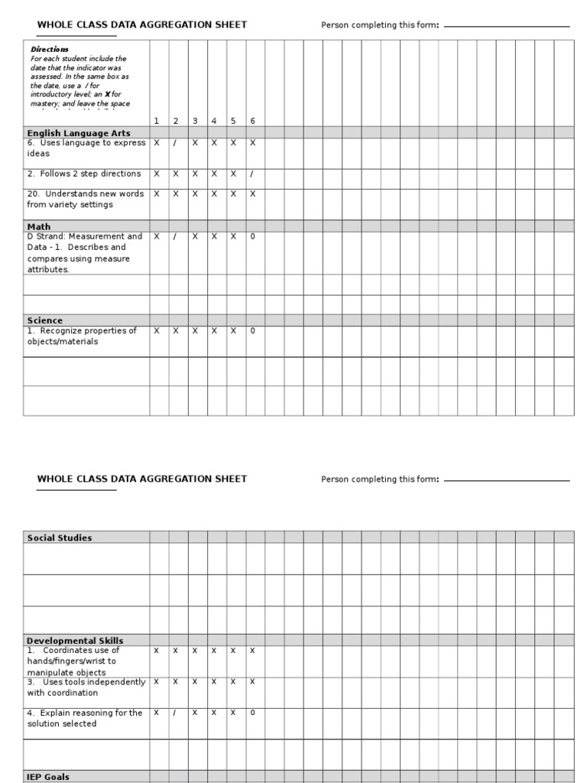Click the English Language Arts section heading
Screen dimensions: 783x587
click(x=79, y=133)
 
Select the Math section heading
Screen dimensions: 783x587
click(x=39, y=226)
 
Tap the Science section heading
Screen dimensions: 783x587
click(x=45, y=320)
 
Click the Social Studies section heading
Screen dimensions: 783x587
click(x=60, y=538)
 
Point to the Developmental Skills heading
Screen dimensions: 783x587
click(x=75, y=641)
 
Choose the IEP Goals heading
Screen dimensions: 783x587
click(x=48, y=777)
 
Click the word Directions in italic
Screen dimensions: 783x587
click(x=50, y=49)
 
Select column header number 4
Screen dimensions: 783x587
click(x=214, y=121)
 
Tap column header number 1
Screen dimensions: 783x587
click(x=157, y=121)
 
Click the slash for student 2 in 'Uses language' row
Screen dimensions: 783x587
click(x=175, y=143)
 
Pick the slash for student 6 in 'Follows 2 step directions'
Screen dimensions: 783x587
click(x=252, y=174)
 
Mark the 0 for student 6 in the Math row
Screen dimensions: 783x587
click(x=252, y=237)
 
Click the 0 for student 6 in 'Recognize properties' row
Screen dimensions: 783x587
click(x=252, y=331)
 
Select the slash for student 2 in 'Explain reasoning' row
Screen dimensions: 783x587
click(x=175, y=713)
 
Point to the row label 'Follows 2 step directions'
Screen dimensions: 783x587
click(x=84, y=174)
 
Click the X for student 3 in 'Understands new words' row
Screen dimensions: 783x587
click(x=195, y=194)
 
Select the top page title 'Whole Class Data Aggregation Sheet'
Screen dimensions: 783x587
click(x=142, y=24)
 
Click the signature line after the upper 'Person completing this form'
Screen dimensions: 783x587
click(x=507, y=27)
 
